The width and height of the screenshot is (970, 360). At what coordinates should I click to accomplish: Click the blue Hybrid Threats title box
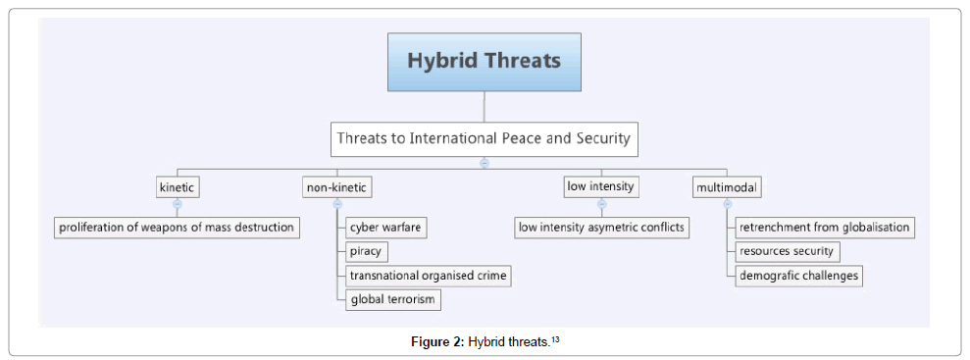(x=484, y=62)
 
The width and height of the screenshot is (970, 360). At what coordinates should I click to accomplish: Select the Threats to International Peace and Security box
(x=484, y=138)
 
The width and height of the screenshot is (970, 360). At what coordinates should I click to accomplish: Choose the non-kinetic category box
(x=337, y=187)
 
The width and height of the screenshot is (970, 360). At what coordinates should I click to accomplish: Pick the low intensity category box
(x=601, y=186)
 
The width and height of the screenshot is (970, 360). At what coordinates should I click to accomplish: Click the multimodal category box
(x=727, y=187)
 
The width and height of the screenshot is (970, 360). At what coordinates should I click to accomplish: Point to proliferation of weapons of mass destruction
(x=177, y=228)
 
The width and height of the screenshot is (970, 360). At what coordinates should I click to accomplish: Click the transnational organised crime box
(x=429, y=276)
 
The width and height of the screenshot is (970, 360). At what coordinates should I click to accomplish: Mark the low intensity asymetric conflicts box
(x=601, y=228)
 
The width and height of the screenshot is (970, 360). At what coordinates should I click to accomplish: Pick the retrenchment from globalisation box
(x=825, y=228)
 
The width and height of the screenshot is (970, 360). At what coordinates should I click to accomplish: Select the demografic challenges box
(x=798, y=276)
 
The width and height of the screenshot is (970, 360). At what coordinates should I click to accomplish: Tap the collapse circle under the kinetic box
(x=178, y=203)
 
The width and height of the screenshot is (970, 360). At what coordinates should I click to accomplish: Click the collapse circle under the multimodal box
(x=728, y=203)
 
